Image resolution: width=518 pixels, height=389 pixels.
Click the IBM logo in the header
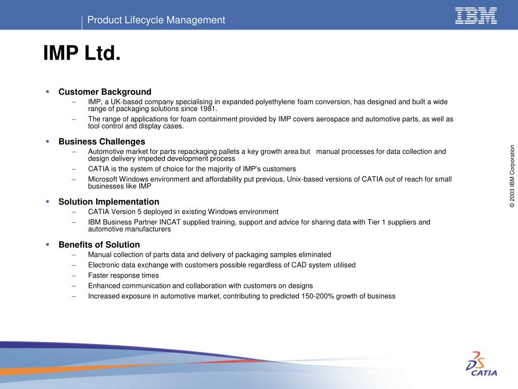476,15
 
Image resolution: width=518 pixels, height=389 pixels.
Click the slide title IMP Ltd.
82,53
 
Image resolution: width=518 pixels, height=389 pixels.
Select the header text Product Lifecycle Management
156,20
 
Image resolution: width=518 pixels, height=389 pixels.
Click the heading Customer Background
105,92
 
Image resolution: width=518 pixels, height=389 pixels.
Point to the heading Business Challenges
102,141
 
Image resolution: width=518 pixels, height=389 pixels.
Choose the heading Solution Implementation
109,202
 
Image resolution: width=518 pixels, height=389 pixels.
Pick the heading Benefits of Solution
99,245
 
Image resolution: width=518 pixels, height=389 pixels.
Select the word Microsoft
104,179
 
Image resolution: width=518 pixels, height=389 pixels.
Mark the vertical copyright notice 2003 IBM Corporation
512,176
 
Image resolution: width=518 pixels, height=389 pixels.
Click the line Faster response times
123,276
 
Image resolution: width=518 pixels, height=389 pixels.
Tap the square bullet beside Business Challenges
48,141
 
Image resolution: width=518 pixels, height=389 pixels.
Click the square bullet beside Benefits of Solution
48,245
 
